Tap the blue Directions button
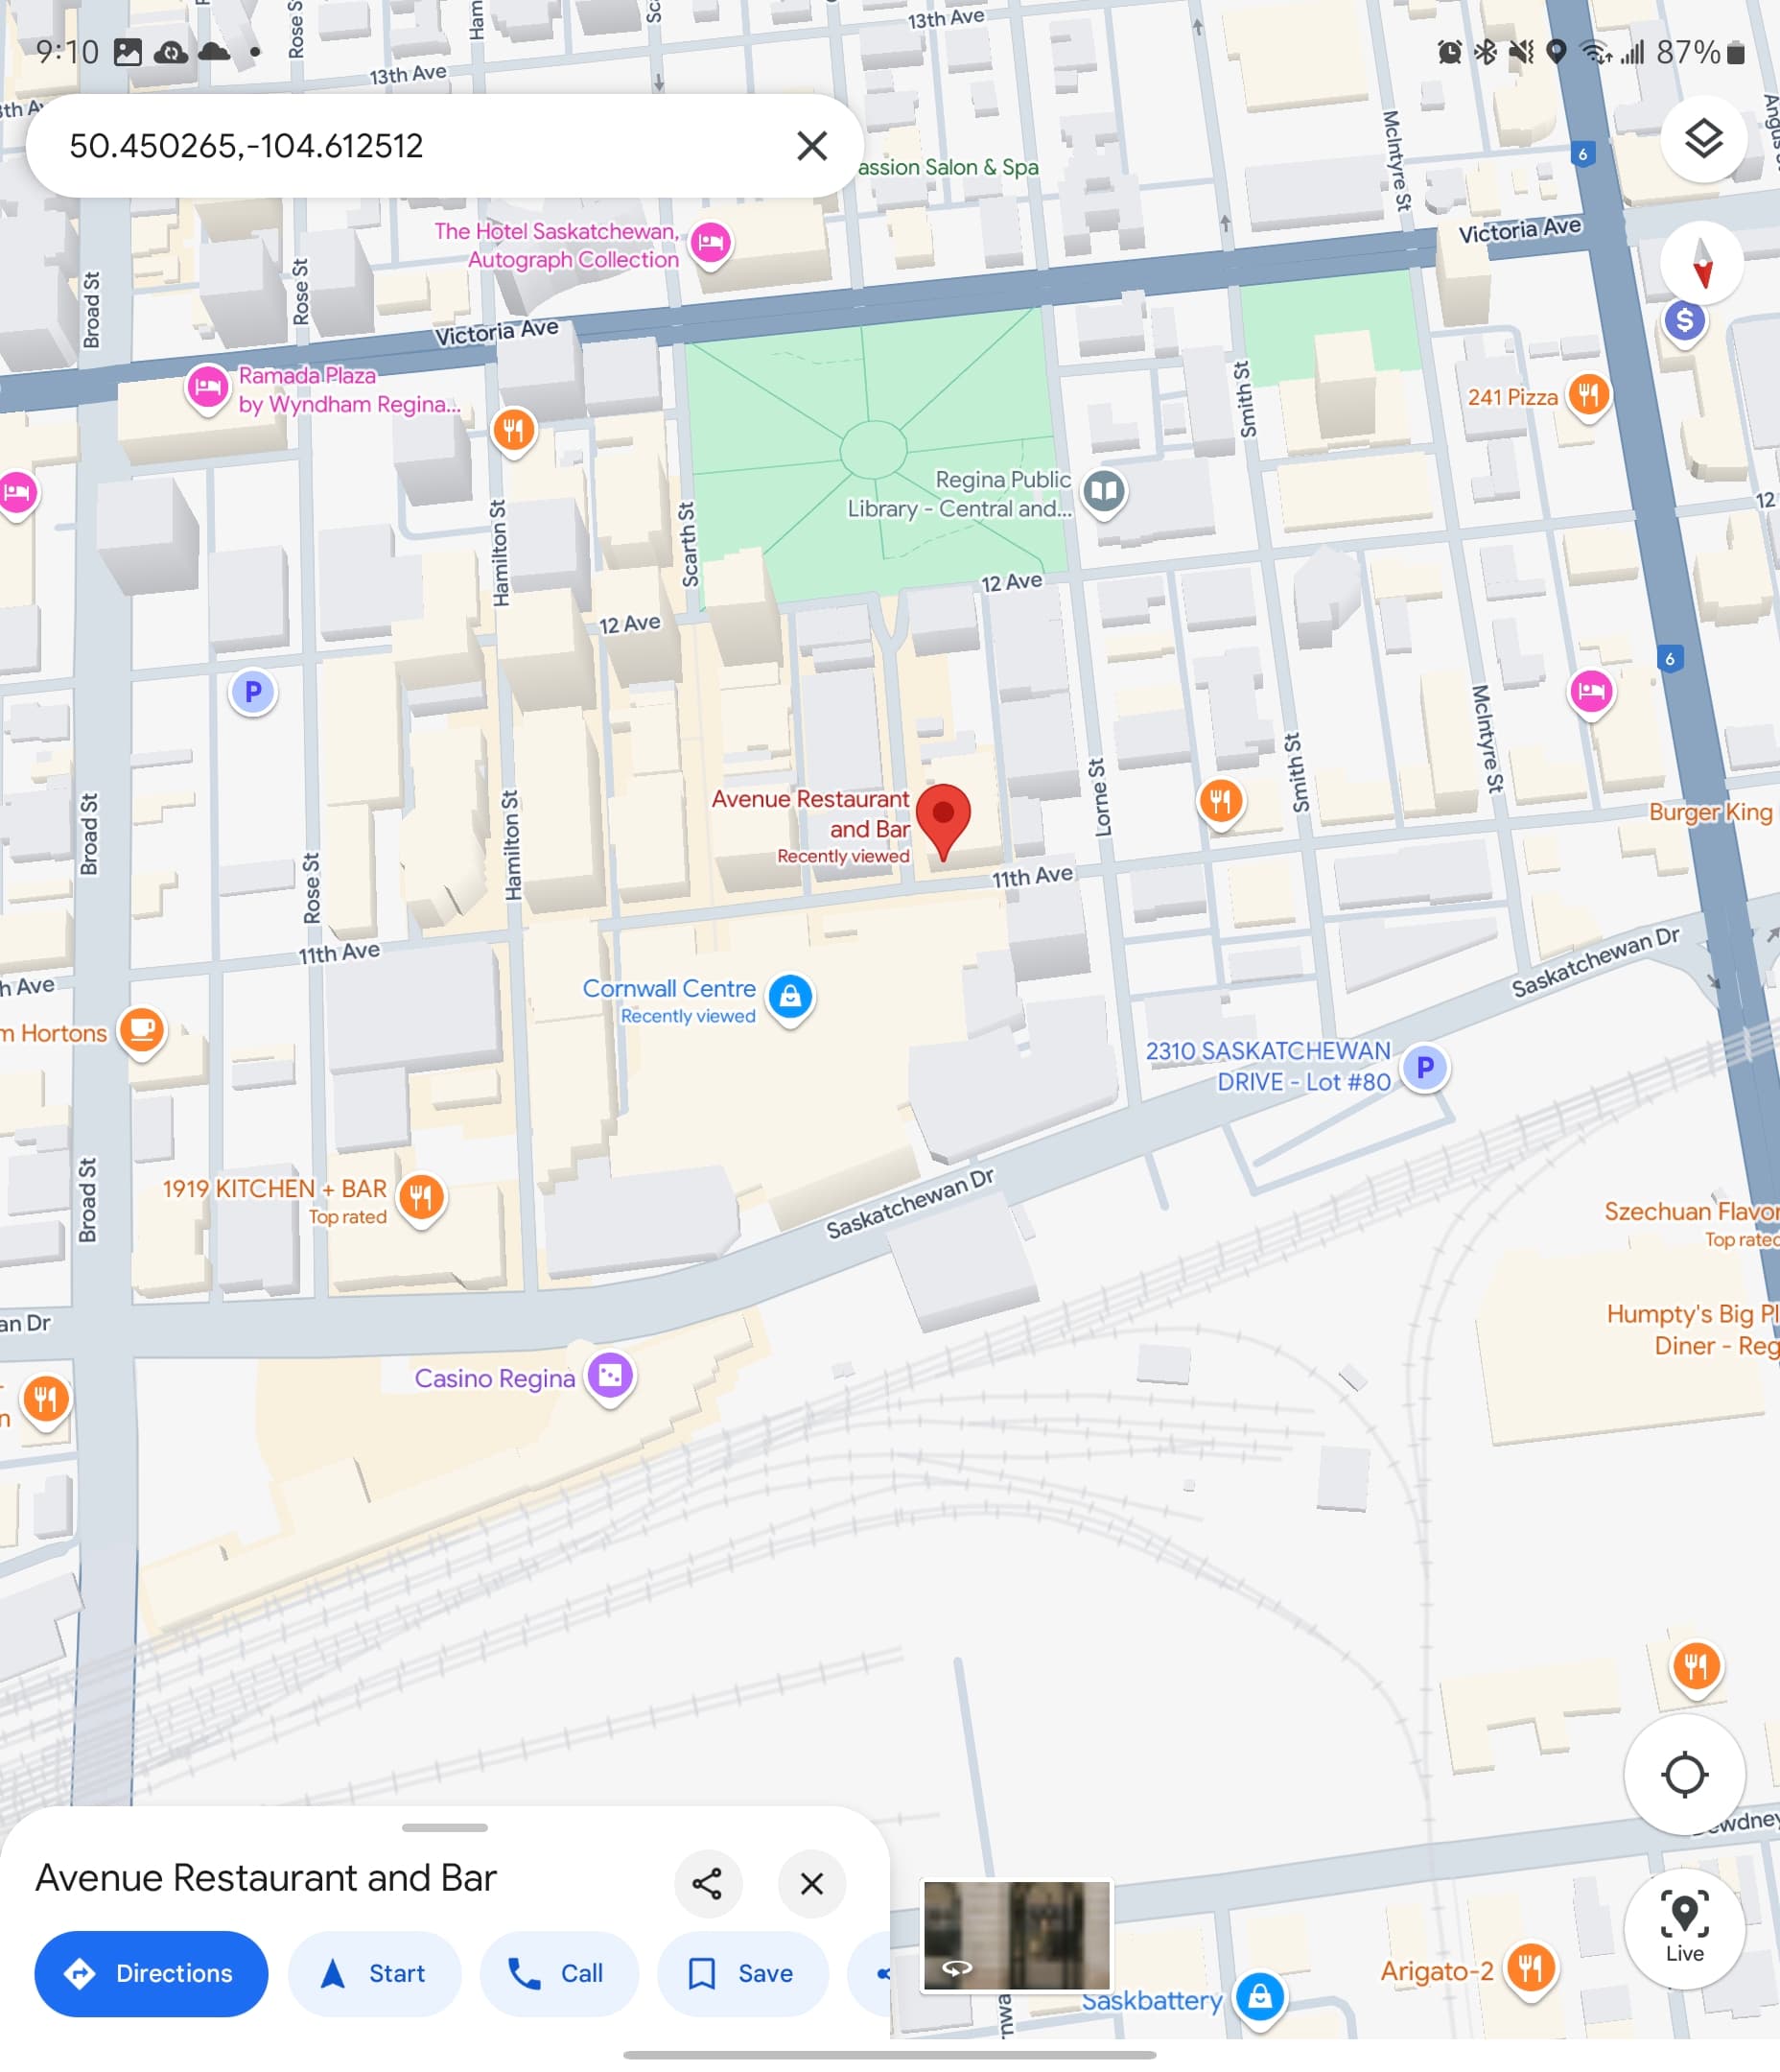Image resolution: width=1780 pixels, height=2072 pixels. (151, 1973)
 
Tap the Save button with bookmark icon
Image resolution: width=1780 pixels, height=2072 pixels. (742, 1973)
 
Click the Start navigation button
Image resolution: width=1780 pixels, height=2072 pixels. (374, 1973)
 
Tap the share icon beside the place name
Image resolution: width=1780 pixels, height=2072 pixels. (707, 1884)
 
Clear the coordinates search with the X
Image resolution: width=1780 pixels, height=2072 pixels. (812, 146)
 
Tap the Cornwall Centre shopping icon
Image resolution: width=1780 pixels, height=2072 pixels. (790, 997)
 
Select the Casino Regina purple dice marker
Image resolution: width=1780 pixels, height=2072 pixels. (610, 1376)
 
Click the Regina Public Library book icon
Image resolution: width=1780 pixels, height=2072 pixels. (1104, 491)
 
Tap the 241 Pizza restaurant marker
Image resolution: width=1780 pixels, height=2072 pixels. (1588, 395)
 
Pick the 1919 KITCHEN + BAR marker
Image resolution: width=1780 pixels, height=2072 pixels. (421, 1196)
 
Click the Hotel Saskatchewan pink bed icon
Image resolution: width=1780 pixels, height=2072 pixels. (711, 242)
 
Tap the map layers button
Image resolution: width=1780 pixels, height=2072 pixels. (1703, 138)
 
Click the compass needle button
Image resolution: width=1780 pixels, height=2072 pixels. (1702, 263)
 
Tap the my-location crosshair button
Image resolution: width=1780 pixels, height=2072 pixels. (1684, 1775)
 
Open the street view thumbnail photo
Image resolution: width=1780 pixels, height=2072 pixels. (1016, 1936)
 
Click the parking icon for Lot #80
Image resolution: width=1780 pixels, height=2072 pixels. (1425, 1067)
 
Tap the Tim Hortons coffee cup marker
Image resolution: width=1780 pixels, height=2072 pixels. (142, 1029)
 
